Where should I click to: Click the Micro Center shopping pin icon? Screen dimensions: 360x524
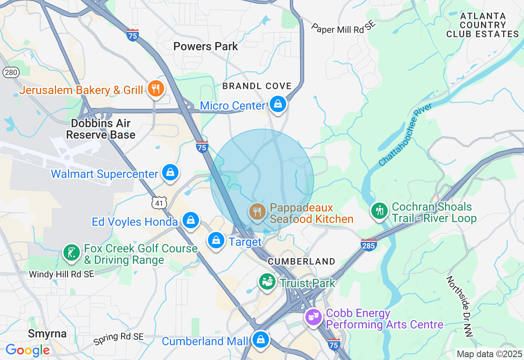pyautogui.click(x=278, y=104)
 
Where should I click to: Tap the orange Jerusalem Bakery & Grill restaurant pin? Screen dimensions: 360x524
pyautogui.click(x=156, y=88)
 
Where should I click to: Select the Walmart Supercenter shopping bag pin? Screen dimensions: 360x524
pyautogui.click(x=170, y=172)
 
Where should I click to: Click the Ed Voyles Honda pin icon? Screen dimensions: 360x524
pyautogui.click(x=191, y=220)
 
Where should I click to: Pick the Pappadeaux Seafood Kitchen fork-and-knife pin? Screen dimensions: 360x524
pyautogui.click(x=257, y=211)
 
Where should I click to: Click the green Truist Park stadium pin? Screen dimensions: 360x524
pyautogui.click(x=267, y=281)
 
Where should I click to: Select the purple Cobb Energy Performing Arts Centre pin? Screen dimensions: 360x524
pyautogui.click(x=314, y=317)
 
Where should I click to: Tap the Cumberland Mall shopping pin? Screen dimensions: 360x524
pyautogui.click(x=260, y=339)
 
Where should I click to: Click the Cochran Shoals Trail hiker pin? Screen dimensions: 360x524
pyautogui.click(x=379, y=210)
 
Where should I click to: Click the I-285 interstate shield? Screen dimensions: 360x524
pyautogui.click(x=368, y=244)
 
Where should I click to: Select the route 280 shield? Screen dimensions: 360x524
pyautogui.click(x=11, y=72)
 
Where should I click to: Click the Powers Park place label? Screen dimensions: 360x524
pyautogui.click(x=206, y=46)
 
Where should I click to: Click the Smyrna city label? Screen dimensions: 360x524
pyautogui.click(x=47, y=333)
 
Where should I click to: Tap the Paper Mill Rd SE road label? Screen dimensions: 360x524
pyautogui.click(x=343, y=27)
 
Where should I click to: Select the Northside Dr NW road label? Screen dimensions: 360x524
pyautogui.click(x=459, y=306)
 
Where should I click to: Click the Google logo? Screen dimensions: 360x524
pyautogui.click(x=27, y=350)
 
